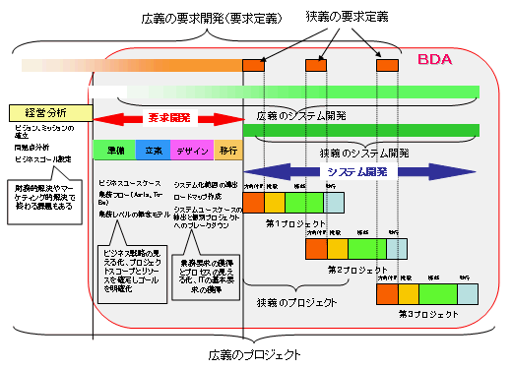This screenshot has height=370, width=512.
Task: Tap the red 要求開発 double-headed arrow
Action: pyautogui.click(x=166, y=118)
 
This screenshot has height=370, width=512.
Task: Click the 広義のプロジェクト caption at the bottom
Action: pyautogui.click(x=255, y=353)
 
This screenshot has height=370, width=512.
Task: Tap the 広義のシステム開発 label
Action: pyautogui.click(x=300, y=115)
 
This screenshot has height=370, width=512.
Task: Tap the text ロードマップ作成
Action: pyautogui.click(x=202, y=197)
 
